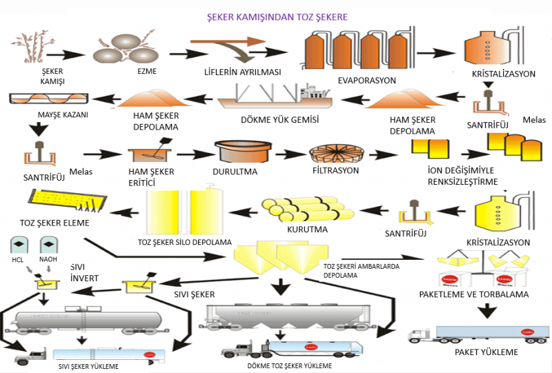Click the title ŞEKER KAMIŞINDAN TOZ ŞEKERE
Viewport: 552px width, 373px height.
[277, 16]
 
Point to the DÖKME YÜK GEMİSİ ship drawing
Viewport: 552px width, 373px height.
[276, 97]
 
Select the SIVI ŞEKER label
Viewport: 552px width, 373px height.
[193, 294]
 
